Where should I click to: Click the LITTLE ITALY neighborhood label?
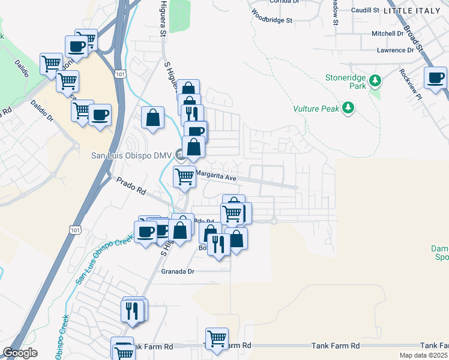pos(415,11)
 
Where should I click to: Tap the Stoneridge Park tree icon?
pos(375,80)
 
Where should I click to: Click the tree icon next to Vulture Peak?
pos(348,109)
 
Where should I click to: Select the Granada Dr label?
pos(178,271)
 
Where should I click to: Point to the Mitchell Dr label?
pos(388,34)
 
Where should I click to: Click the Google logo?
pos(20,353)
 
